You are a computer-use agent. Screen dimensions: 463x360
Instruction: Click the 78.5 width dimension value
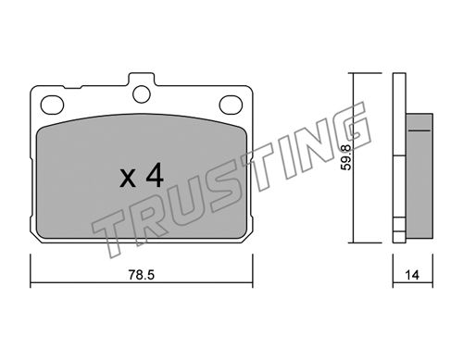[x=142, y=275]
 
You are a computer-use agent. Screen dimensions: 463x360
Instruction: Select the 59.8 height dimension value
[x=346, y=157]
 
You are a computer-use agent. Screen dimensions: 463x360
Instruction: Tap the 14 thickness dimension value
[x=412, y=275]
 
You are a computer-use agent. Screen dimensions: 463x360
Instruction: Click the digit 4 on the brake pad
[x=155, y=175]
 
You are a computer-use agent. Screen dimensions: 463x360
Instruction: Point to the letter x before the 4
[x=128, y=179]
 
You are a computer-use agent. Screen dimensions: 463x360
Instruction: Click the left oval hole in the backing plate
[x=52, y=105]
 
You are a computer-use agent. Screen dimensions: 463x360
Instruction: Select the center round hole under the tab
[x=142, y=94]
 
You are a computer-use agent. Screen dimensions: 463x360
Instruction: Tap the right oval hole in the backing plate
[x=231, y=105]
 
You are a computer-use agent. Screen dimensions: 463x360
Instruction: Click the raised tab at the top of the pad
[x=142, y=79]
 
